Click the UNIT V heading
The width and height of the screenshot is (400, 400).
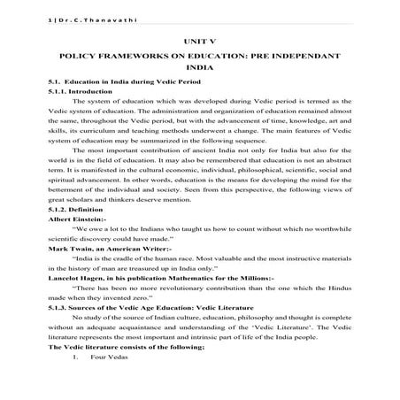[200, 41]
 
